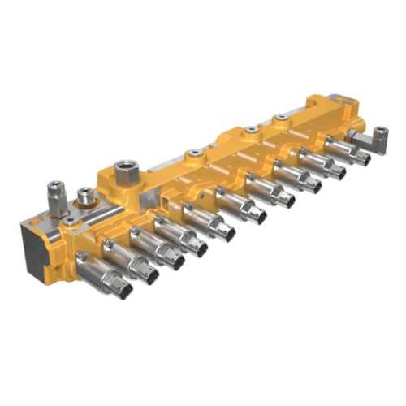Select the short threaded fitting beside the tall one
(84, 196)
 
